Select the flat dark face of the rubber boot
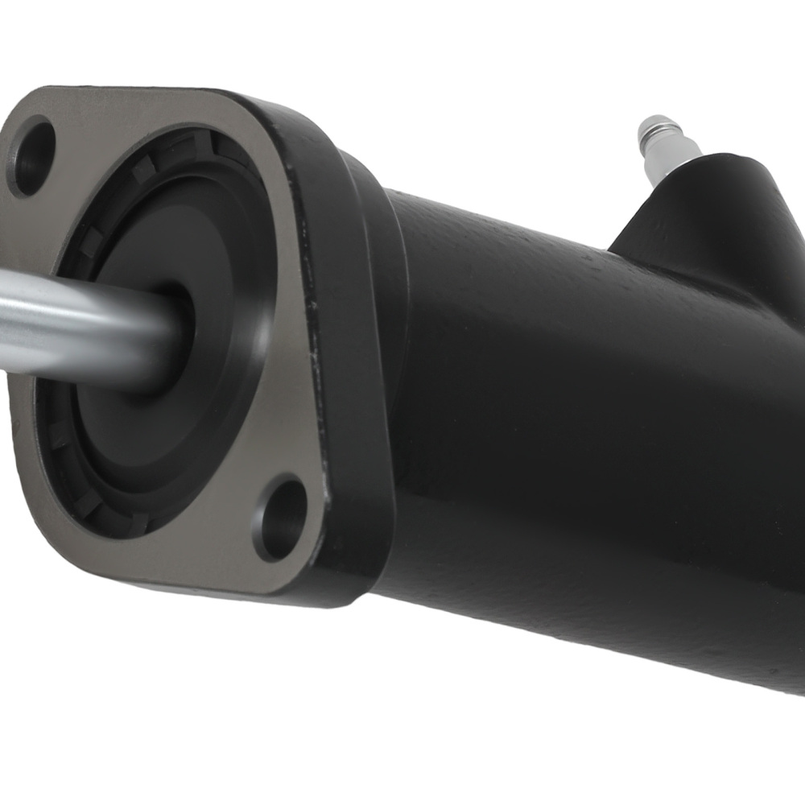click(x=161, y=419)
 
